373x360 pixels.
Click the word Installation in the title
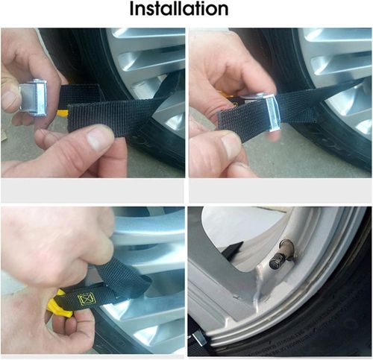pos(179,9)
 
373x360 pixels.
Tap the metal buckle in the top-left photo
pos(33,98)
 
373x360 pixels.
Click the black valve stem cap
pos(278,261)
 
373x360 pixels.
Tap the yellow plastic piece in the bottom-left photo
pos(60,303)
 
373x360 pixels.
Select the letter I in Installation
pos(132,9)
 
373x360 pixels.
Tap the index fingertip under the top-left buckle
pos(43,136)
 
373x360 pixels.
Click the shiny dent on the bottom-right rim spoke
pos(259,283)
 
